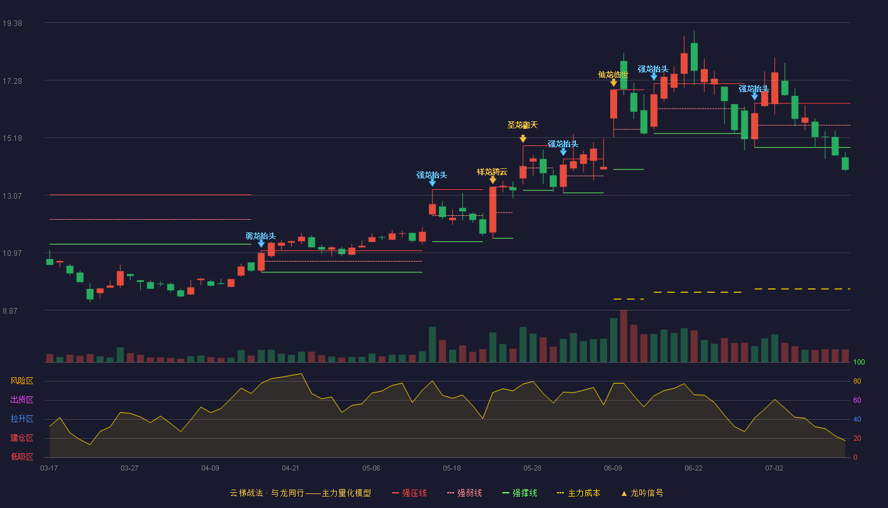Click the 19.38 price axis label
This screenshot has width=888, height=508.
[x=12, y=23]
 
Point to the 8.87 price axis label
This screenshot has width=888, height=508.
[x=10, y=311]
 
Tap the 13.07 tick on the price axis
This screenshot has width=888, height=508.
[x=12, y=196]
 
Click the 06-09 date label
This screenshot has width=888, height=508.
[x=613, y=469]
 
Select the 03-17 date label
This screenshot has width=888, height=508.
[x=49, y=469]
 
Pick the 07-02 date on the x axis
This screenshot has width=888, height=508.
[x=774, y=469]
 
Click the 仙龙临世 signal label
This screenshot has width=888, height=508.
[x=613, y=75]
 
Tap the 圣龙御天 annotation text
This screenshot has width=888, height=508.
[x=523, y=125]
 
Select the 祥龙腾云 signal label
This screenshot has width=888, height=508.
[x=492, y=172]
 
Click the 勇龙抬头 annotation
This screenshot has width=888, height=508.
[x=261, y=236]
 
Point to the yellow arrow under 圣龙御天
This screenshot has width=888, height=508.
[x=523, y=138]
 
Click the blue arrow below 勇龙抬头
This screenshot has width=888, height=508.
[x=261, y=243]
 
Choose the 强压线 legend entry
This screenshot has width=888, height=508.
[x=409, y=493]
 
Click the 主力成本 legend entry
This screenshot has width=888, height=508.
[x=578, y=493]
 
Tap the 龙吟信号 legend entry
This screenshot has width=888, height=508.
[x=642, y=493]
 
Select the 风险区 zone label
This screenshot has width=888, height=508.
[x=22, y=381]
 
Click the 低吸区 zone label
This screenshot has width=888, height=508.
[x=22, y=457]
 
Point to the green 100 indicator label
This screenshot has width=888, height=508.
[x=859, y=362]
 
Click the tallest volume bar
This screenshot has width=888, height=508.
[x=624, y=336]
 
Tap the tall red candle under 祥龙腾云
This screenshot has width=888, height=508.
[x=493, y=210]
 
